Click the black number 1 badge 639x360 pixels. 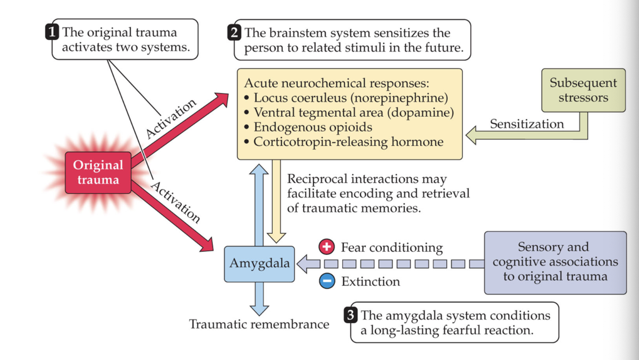pyautogui.click(x=52, y=32)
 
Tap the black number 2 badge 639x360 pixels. pyautogui.click(x=234, y=32)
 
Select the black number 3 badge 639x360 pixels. pyautogui.click(x=351, y=315)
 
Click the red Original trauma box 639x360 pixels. pyautogui.click(x=98, y=172)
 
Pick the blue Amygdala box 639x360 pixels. pyautogui.click(x=259, y=264)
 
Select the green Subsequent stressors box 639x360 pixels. pyautogui.click(x=583, y=90)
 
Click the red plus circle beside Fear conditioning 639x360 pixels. pyautogui.click(x=327, y=247)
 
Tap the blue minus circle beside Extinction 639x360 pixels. pyautogui.click(x=327, y=281)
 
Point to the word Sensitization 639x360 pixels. pyautogui.click(x=527, y=124)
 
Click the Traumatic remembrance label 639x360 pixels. pyautogui.click(x=259, y=324)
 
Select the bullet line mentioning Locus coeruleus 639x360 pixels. pyautogui.click(x=346, y=98)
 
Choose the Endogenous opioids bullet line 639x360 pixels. pyautogui.click(x=308, y=127)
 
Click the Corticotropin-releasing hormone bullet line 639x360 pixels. pyautogui.click(x=344, y=142)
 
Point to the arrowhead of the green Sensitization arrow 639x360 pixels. pyautogui.click(x=472, y=135)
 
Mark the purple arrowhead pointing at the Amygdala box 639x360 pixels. pyautogui.click(x=304, y=264)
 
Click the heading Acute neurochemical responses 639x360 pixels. pyautogui.click(x=337, y=83)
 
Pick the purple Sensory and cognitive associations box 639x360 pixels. pyautogui.click(x=555, y=262)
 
